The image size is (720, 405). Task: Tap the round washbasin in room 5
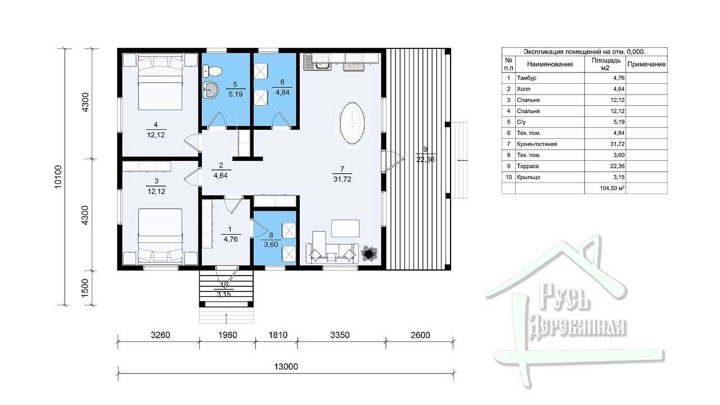[210, 89]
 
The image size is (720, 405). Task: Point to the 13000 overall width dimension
[286, 367]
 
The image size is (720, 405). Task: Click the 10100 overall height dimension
[58, 177]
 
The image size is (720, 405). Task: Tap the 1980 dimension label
[228, 335]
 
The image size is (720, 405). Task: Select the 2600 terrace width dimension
[420, 335]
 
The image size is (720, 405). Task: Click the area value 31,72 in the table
[617, 144]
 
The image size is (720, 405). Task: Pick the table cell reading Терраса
[528, 166]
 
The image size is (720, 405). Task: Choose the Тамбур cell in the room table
[526, 78]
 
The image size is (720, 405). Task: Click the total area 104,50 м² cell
[612, 188]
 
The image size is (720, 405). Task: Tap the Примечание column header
[646, 64]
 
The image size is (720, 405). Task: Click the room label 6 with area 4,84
[282, 87]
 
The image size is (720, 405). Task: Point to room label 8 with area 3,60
[271, 240]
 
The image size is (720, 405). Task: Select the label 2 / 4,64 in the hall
[221, 170]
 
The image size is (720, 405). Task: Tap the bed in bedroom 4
[160, 82]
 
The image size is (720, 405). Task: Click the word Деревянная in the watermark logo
[578, 329]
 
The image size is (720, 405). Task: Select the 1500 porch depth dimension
[85, 288]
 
